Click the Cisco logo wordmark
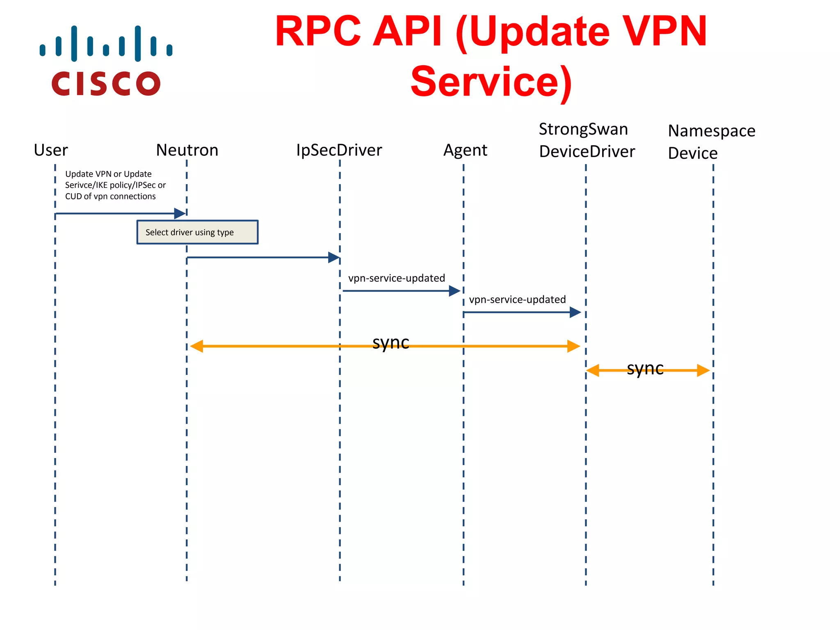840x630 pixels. pos(106,84)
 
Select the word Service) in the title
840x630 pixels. pos(491,82)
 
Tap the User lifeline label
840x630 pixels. pos(51,151)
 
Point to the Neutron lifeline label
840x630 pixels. pos(187,151)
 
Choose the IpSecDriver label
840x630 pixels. pos(339,151)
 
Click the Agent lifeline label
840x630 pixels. pos(465,151)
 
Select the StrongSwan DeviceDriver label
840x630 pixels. pos(587,140)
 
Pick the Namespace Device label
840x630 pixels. pos(711,142)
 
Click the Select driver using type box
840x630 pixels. pos(197,233)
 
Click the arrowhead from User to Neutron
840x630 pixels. pos(180,213)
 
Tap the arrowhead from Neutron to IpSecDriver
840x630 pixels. pos(333,258)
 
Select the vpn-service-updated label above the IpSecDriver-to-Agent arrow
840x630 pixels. pos(396,278)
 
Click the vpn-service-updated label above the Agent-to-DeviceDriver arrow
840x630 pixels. pos(517,300)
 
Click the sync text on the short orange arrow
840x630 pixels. pos(645,368)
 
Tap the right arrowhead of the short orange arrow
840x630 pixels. pos(703,370)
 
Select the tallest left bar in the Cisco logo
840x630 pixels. pos(74,43)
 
